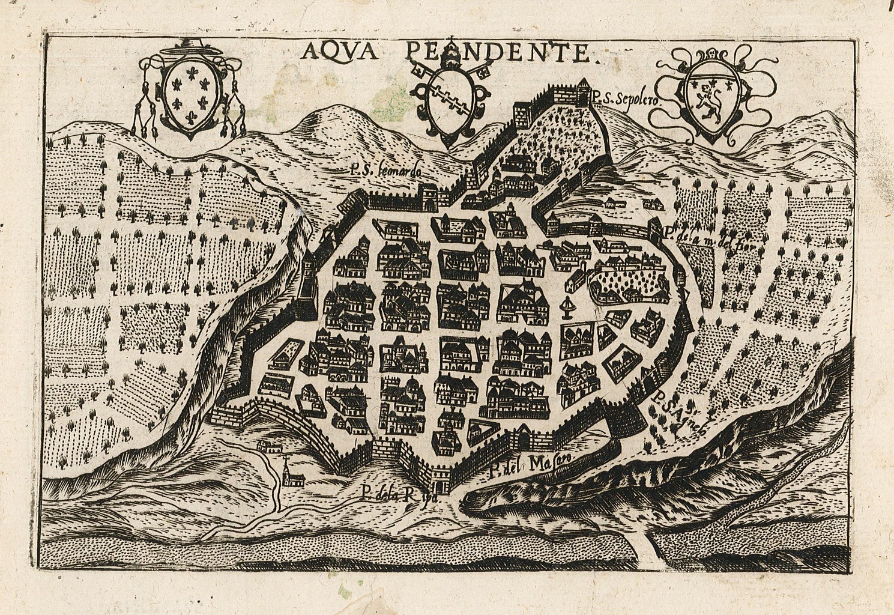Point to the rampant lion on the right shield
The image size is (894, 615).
pyautogui.click(x=711, y=96)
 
